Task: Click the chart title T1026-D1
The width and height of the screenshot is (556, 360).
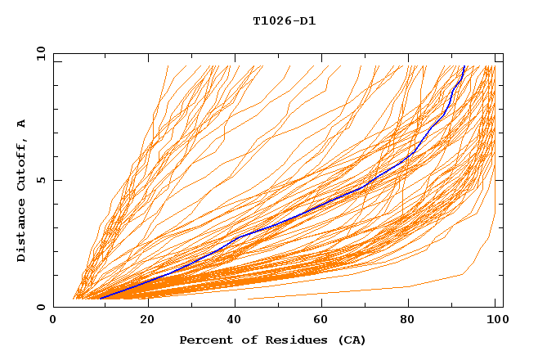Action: (x=284, y=21)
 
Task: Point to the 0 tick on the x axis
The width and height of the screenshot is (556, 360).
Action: (x=54, y=321)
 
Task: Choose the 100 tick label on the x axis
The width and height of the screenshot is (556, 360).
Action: (x=495, y=321)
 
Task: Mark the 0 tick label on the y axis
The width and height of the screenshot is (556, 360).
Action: (x=40, y=308)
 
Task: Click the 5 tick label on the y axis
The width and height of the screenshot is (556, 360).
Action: (x=40, y=180)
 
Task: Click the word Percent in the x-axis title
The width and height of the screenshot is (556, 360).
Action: (x=204, y=340)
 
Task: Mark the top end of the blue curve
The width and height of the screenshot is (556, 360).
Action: (x=464, y=66)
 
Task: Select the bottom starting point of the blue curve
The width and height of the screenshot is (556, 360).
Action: (x=100, y=299)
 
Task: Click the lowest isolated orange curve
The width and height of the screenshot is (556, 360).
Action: (x=368, y=291)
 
